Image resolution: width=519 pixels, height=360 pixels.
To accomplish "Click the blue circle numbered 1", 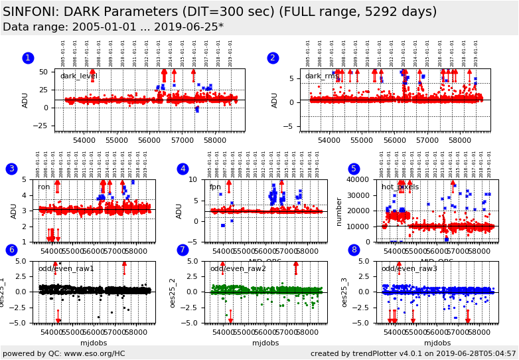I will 28,58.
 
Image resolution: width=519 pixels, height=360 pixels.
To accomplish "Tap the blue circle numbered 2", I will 273,58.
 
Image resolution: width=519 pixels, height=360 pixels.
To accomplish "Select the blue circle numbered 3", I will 11,169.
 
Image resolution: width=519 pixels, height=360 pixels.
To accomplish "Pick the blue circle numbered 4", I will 183,169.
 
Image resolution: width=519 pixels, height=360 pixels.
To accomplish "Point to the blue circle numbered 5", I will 354,169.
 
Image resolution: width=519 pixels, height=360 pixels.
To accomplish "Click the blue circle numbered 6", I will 11,250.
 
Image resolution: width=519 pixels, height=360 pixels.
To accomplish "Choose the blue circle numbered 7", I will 183,250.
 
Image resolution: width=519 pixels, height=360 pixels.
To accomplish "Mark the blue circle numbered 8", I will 354,250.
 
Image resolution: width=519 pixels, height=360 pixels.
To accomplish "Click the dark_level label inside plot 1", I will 79,76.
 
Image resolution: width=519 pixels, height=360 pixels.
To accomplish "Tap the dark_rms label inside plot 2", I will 322,76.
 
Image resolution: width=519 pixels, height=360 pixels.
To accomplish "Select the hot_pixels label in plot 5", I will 400,187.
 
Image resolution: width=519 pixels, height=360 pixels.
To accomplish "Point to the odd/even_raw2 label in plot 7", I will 238,268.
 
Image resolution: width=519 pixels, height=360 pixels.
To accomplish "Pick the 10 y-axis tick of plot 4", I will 196,179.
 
